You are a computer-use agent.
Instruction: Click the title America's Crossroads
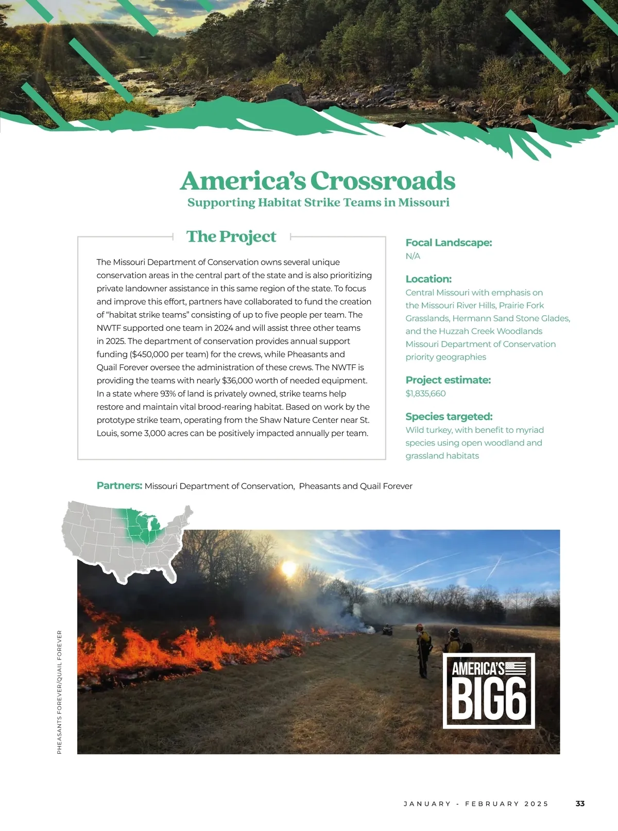click(x=318, y=181)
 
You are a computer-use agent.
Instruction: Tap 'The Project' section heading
click(x=231, y=236)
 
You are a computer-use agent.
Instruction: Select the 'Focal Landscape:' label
click(x=449, y=243)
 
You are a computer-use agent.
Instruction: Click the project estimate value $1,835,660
click(x=425, y=394)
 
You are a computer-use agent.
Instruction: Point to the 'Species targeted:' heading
click(x=449, y=416)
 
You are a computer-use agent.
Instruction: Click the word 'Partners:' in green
click(x=119, y=485)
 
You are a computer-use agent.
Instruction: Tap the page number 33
click(x=580, y=804)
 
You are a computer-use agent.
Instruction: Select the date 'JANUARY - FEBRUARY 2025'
click(x=476, y=804)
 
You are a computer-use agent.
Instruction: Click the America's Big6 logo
click(x=489, y=690)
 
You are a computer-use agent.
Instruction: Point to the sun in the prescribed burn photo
click(x=289, y=568)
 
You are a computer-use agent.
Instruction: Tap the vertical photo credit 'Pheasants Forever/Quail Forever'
click(x=59, y=692)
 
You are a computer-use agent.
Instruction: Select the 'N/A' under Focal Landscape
click(x=413, y=256)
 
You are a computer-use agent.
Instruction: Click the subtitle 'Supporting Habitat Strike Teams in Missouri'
click(x=318, y=202)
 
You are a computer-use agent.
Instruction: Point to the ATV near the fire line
click(x=387, y=630)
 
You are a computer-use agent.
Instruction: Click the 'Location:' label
click(x=428, y=279)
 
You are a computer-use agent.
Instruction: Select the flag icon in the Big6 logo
click(x=516, y=668)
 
